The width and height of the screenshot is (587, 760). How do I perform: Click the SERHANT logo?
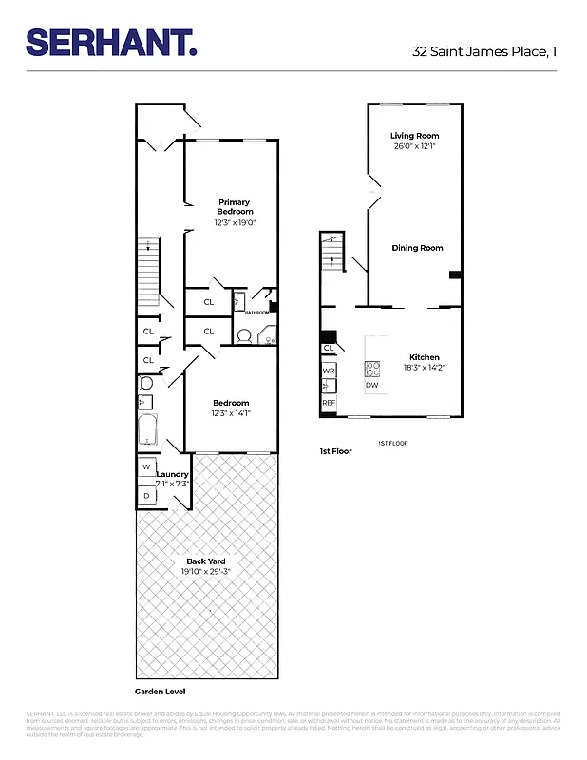pyautogui.click(x=111, y=43)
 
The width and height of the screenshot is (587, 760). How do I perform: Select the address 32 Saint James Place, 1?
pyautogui.click(x=483, y=51)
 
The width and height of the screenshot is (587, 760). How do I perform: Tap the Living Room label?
pyautogui.click(x=414, y=136)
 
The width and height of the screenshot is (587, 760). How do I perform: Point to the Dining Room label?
pyautogui.click(x=417, y=248)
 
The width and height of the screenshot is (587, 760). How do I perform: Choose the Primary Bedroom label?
pyautogui.click(x=234, y=206)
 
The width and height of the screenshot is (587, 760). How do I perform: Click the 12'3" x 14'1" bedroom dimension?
pyautogui.click(x=231, y=413)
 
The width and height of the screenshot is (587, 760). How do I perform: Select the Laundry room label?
pyautogui.click(x=173, y=474)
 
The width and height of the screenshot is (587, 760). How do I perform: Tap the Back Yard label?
pyautogui.click(x=205, y=561)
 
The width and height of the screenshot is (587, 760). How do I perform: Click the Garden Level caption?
pyautogui.click(x=157, y=693)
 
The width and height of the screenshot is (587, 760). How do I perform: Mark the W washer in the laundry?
pyautogui.click(x=147, y=467)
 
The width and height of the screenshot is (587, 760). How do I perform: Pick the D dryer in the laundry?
pyautogui.click(x=147, y=495)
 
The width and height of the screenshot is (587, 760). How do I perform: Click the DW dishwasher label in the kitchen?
pyautogui.click(x=371, y=385)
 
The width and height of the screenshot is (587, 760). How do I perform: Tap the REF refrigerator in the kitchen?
pyautogui.click(x=329, y=403)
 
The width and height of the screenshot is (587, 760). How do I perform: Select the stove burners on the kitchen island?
pyautogui.click(x=372, y=369)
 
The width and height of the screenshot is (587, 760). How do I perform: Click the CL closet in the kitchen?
pyautogui.click(x=329, y=349)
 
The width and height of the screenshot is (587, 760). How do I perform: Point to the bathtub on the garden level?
pyautogui.click(x=147, y=430)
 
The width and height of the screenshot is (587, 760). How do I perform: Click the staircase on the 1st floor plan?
pyautogui.click(x=330, y=252)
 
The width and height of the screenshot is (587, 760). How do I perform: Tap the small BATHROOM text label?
pyautogui.click(x=257, y=313)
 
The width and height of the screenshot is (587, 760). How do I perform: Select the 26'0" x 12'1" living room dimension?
pyautogui.click(x=414, y=147)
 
